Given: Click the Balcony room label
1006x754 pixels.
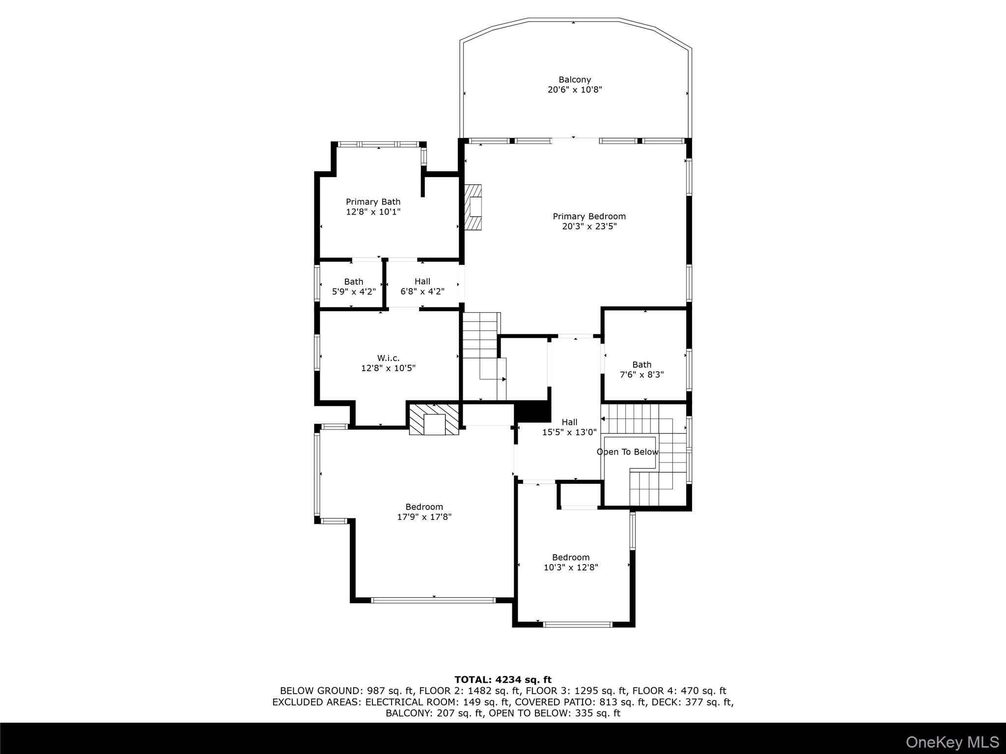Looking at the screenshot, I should [574, 80].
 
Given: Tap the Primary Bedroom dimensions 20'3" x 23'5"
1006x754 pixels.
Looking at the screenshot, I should [589, 226].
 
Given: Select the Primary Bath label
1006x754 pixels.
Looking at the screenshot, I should [373, 202].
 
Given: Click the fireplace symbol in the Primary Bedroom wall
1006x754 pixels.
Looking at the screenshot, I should [474, 207].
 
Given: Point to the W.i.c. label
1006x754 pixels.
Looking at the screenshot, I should [388, 358].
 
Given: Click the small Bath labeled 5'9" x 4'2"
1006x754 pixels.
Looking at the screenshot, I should [353, 286].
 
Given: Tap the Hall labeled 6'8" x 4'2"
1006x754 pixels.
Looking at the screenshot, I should [422, 286].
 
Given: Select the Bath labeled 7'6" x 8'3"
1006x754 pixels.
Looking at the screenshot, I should [642, 369].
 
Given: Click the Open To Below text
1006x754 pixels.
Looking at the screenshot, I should [627, 452].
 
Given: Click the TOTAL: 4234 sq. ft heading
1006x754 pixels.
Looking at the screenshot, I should [503, 679].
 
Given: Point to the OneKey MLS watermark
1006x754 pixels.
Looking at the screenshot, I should [952, 742].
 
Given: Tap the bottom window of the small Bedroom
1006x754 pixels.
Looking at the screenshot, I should [578, 624].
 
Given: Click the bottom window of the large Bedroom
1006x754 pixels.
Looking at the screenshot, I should [433, 600].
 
